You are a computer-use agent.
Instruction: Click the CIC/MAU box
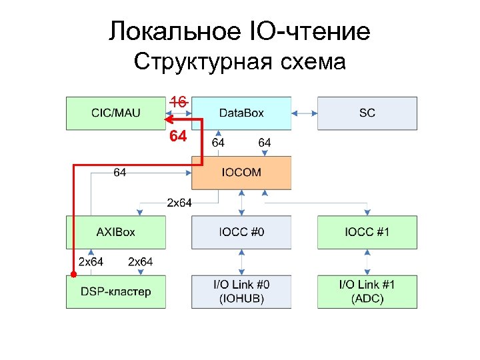point(115,113)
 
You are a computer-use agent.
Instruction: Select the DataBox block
point(241,113)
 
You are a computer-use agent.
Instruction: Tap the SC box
point(367,113)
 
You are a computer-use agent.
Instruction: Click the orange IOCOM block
point(241,173)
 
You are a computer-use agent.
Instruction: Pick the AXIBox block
point(115,232)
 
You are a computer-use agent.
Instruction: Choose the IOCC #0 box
point(241,232)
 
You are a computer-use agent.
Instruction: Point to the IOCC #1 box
point(367,232)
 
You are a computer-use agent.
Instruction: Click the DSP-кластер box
point(115,291)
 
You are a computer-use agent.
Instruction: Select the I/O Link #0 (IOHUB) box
point(241,291)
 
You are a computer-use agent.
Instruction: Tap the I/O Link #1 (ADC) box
point(367,291)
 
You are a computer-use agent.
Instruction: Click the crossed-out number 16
point(178,101)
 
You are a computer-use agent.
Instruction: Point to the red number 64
point(178,137)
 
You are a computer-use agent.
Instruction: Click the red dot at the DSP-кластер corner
point(73,275)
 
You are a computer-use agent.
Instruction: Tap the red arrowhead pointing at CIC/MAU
point(169,121)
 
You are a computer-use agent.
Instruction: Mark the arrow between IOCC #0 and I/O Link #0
point(241,262)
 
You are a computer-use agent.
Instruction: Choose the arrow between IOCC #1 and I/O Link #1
point(367,262)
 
